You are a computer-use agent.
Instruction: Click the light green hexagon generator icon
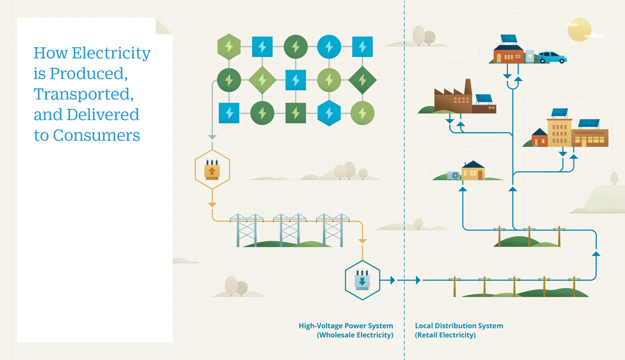click(229, 47)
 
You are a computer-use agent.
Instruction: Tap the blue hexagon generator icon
click(328, 113)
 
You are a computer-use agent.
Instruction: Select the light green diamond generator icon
click(262, 80)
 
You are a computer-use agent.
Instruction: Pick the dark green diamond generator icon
click(362, 80)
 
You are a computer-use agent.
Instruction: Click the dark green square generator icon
click(295, 113)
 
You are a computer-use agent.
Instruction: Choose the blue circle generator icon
click(328, 47)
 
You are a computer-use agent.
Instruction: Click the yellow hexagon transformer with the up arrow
click(212, 169)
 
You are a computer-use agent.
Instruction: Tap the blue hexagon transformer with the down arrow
click(362, 280)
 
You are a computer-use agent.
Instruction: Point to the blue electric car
click(551, 57)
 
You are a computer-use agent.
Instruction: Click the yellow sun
click(579, 29)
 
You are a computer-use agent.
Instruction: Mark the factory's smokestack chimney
click(467, 87)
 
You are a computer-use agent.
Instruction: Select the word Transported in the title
click(83, 94)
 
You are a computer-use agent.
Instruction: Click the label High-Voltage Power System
click(345, 326)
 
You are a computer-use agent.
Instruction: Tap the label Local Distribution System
click(459, 326)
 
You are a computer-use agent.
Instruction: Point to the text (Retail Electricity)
click(445, 335)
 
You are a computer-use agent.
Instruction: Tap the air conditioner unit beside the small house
click(453, 175)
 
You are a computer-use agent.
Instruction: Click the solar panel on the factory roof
click(484, 99)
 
